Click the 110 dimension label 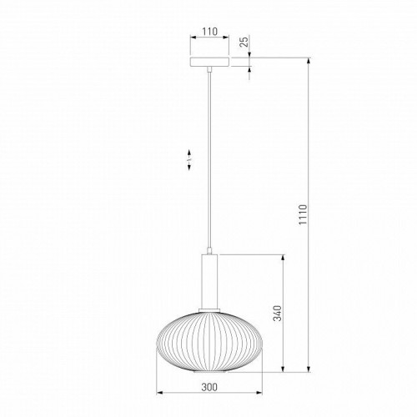point(209,32)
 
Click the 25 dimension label point(244,42)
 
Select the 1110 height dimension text point(303,214)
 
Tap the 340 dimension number point(277,313)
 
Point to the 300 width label point(209,387)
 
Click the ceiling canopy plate point(209,62)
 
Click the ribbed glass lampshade point(209,342)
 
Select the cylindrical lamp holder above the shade point(209,281)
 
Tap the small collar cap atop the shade point(209,310)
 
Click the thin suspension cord point(209,160)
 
